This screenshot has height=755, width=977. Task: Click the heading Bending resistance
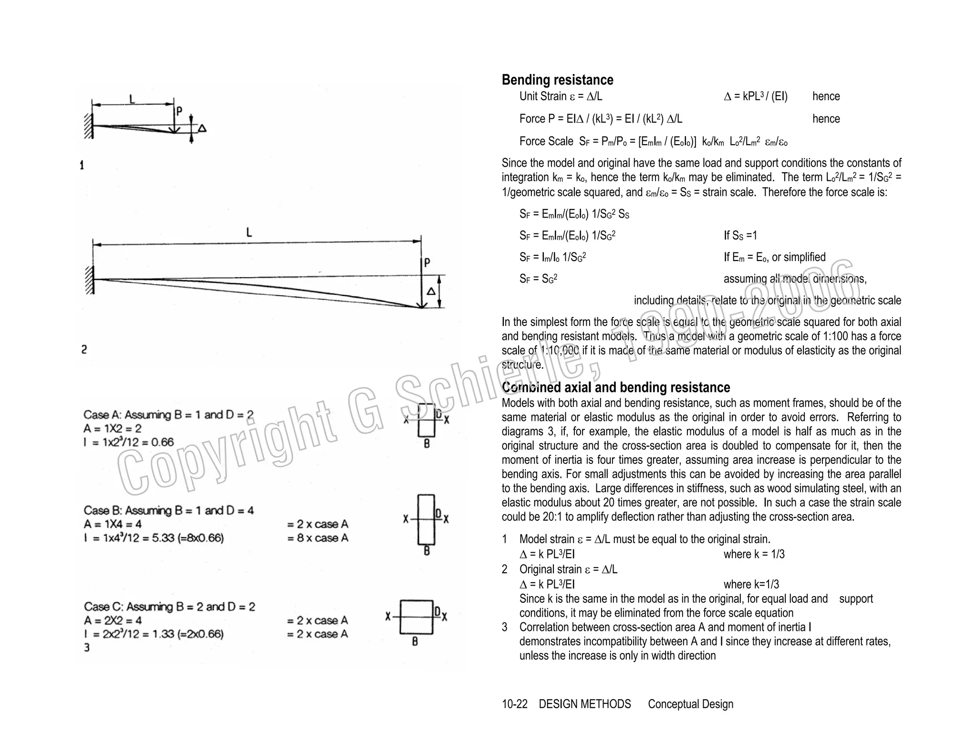557,80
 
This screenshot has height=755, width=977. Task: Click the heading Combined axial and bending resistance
615,387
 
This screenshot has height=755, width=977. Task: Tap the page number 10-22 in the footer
514,704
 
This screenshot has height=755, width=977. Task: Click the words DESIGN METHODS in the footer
584,704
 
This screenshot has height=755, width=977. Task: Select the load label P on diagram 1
179,111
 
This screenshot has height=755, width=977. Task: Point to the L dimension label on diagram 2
249,232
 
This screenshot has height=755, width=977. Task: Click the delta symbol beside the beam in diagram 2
431,291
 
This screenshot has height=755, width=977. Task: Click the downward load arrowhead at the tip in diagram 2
422,305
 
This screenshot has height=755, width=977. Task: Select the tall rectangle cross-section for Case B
426,519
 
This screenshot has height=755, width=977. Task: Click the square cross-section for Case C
416,617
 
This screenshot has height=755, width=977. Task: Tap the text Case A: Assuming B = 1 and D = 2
168,415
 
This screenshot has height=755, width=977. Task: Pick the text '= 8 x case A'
318,538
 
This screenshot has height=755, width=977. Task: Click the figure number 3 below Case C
87,648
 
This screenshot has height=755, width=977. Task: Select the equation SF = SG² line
538,279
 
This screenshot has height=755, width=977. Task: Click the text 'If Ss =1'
740,235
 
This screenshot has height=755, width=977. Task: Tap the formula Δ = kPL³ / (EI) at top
755,96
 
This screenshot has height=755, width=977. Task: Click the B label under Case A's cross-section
426,444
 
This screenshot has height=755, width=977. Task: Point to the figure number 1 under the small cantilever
82,165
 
